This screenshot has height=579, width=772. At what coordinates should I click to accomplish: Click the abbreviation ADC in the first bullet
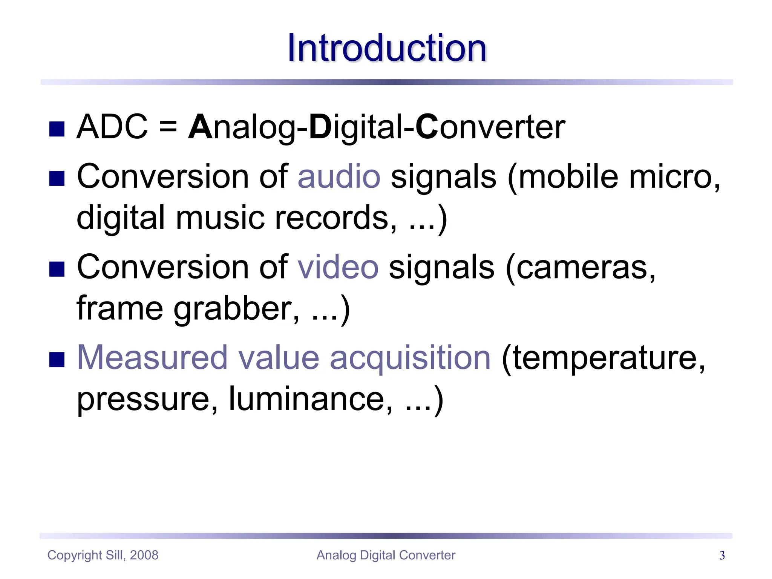112,127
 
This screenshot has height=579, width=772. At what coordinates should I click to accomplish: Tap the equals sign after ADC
168,127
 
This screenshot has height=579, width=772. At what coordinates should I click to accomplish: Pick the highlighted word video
338,267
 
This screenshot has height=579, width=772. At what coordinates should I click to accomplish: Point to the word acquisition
410,358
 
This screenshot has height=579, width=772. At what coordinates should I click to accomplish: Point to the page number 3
722,555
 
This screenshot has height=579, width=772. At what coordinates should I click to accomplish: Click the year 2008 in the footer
144,555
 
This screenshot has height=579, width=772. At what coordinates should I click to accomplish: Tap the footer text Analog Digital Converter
386,555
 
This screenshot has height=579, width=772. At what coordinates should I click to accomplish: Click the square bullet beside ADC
57,129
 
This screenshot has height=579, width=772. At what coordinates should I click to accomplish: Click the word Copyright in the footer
75,555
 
